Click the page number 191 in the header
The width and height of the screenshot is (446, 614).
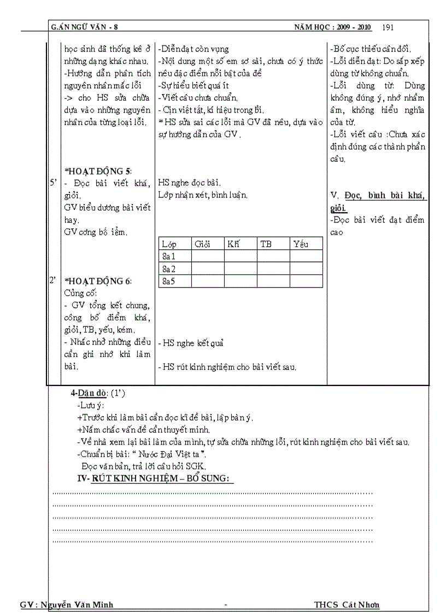pyautogui.click(x=388, y=27)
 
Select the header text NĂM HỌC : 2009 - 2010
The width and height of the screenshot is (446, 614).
pyautogui.click(x=332, y=27)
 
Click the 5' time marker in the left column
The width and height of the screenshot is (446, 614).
pyautogui.click(x=54, y=183)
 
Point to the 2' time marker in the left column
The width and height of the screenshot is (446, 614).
pyautogui.click(x=54, y=281)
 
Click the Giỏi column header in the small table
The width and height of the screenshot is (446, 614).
pyautogui.click(x=202, y=244)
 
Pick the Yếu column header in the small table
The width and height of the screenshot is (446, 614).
pyautogui.click(x=301, y=244)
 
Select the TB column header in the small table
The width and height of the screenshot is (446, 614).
pyautogui.click(x=266, y=244)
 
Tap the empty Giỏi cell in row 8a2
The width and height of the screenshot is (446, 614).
pyautogui.click(x=207, y=269)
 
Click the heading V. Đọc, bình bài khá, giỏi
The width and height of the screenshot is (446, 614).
pyautogui.click(x=378, y=202)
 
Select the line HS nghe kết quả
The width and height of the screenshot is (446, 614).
pyautogui.click(x=191, y=343)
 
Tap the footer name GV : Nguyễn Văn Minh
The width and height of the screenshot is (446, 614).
pyautogui.click(x=66, y=604)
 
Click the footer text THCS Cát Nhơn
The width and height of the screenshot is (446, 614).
pyautogui.click(x=347, y=604)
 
